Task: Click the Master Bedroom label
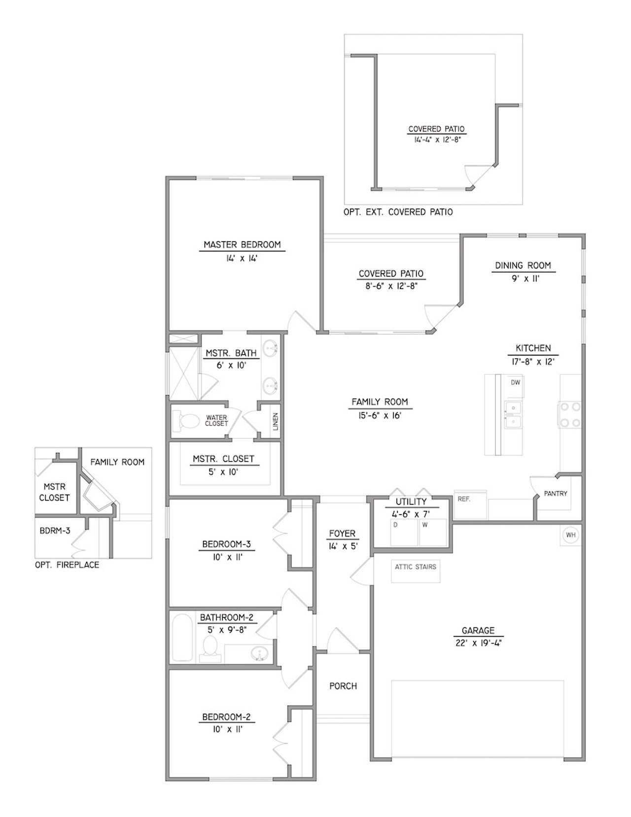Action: click(242, 245)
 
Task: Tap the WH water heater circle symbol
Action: click(570, 535)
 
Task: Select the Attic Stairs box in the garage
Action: click(415, 570)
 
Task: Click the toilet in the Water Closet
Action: click(187, 421)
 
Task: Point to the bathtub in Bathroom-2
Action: click(182, 637)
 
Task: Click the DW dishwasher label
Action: click(515, 383)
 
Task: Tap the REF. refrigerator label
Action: click(464, 499)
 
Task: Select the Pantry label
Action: click(555, 493)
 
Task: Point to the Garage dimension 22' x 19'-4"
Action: click(478, 643)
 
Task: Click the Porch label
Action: click(343, 686)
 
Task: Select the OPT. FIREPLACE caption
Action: click(67, 565)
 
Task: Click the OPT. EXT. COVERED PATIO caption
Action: click(398, 212)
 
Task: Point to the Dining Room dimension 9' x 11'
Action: click(523, 279)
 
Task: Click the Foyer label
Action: click(342, 533)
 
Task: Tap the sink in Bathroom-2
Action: click(258, 654)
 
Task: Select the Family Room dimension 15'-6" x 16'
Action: click(380, 415)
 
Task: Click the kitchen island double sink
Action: click(512, 415)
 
